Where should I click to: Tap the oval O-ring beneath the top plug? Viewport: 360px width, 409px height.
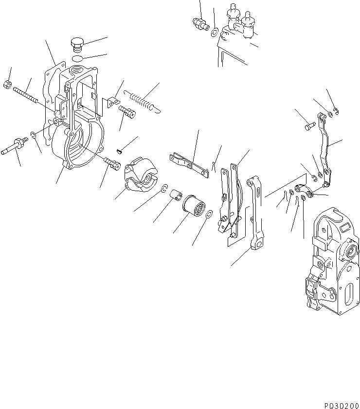pos(77,58)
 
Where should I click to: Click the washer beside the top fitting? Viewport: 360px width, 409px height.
pos(214,32)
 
